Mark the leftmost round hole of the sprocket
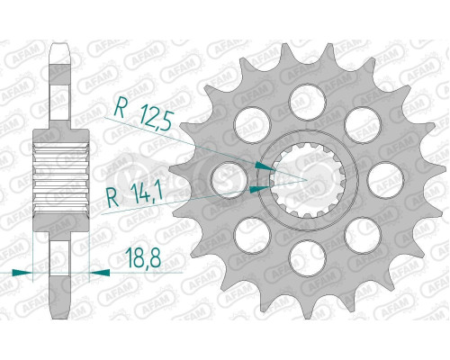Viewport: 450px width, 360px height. point(222,178)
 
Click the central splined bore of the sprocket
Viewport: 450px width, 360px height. point(302,176)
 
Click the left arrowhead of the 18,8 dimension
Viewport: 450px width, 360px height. point(27,270)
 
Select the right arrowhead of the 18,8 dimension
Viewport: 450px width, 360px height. point(100,270)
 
